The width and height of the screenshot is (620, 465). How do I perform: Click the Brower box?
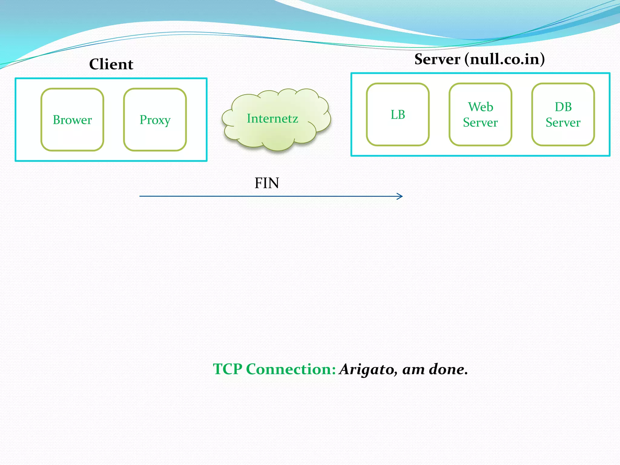click(x=72, y=120)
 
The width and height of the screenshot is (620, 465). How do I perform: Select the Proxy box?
click(x=155, y=120)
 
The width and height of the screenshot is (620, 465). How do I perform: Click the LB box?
click(x=398, y=115)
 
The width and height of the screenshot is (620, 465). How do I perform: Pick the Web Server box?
click(x=480, y=115)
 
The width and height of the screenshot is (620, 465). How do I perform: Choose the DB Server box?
click(x=563, y=115)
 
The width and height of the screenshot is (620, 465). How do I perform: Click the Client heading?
click(x=111, y=64)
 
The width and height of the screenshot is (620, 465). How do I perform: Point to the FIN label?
click(x=266, y=183)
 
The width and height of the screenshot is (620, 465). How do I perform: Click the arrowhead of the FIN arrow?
click(x=400, y=196)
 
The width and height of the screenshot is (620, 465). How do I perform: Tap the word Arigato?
click(x=366, y=369)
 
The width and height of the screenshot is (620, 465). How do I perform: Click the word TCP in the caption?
click(x=228, y=369)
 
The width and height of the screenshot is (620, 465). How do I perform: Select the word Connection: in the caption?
click(x=291, y=369)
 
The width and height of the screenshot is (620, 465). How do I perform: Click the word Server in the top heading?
click(x=437, y=59)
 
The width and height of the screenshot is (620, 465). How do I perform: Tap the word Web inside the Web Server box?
click(x=480, y=107)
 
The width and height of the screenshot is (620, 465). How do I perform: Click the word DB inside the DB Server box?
click(x=563, y=107)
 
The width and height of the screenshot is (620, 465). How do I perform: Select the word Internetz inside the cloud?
click(x=272, y=118)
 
